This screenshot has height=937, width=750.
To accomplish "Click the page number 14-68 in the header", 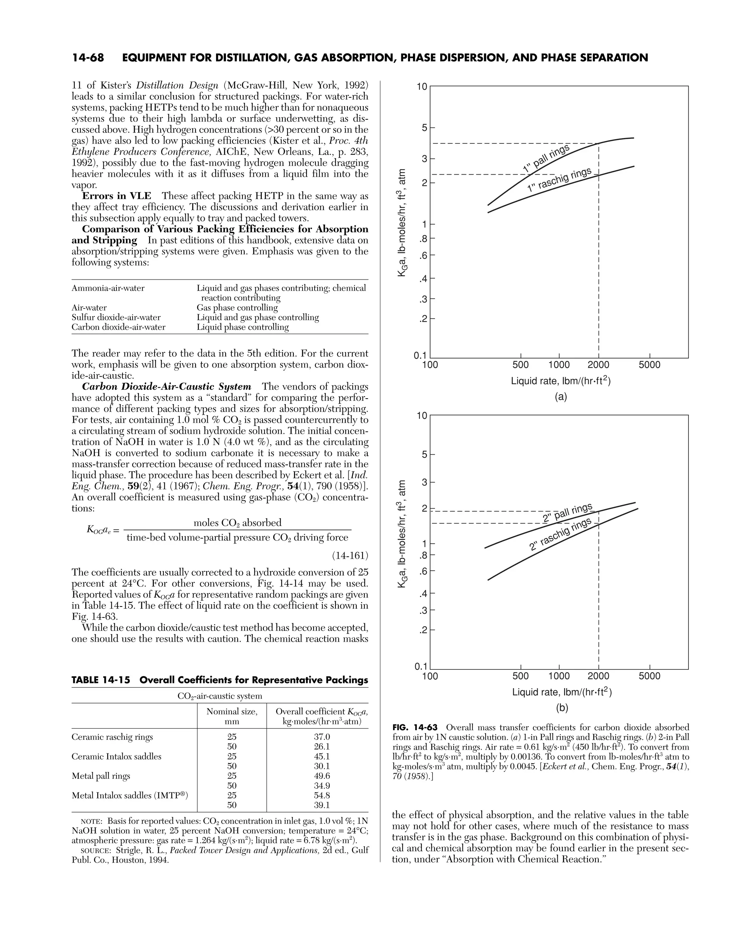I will (x=88, y=58).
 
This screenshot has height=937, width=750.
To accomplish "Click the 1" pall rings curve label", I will (x=546, y=158).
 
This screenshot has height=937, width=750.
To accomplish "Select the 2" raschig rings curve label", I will (x=560, y=534).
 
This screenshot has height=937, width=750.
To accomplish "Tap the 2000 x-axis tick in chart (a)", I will (x=598, y=365).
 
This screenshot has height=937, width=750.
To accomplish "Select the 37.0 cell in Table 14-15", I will (x=322, y=737).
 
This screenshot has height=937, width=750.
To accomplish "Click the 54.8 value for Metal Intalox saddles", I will (x=322, y=795).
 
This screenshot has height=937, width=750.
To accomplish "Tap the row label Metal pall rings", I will (x=101, y=776).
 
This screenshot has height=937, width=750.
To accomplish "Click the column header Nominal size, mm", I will (x=232, y=716).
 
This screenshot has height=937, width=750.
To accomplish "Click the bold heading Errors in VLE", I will (x=116, y=196).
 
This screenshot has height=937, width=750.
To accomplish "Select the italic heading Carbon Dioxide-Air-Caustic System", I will (x=167, y=387).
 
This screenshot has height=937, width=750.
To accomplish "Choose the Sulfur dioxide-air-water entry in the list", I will (x=116, y=317).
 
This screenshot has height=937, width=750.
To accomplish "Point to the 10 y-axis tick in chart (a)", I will (x=422, y=87).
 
